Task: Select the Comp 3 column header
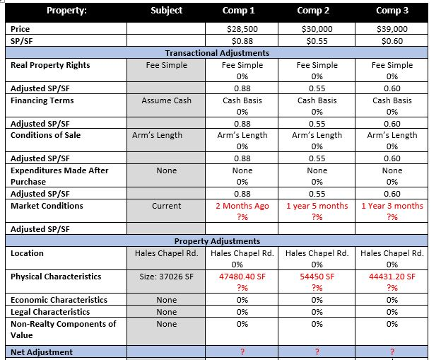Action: [x=392, y=11]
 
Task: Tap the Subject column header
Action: [x=167, y=11]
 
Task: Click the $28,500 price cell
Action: [x=242, y=29]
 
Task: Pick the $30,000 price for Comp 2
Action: [x=317, y=29]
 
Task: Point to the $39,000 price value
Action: [x=392, y=29]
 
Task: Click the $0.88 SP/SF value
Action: [x=242, y=41]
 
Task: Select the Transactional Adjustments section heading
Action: [x=217, y=53]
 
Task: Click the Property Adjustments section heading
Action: [x=217, y=241]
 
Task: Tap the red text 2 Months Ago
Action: [x=242, y=206]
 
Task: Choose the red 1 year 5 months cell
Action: [x=317, y=206]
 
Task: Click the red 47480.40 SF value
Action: [x=242, y=277]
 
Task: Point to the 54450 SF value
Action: [x=317, y=277]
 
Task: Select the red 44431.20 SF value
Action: [x=392, y=277]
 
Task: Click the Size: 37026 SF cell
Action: [x=167, y=277]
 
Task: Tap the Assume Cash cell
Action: [x=167, y=100]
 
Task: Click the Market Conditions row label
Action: [x=47, y=206]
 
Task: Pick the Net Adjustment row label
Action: [x=42, y=352]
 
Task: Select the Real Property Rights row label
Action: [x=50, y=65]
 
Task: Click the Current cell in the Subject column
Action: [x=167, y=206]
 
